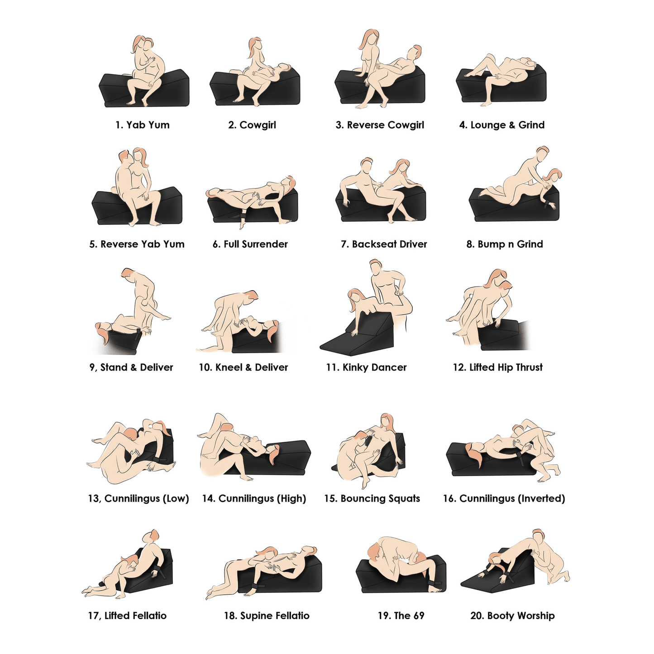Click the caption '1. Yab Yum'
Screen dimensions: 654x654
pyautogui.click(x=143, y=125)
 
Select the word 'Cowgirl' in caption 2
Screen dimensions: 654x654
pyautogui.click(x=258, y=125)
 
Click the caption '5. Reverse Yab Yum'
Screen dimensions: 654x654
pyautogui.click(x=137, y=244)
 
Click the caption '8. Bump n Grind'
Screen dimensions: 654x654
pyautogui.click(x=505, y=244)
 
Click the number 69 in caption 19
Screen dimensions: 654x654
pyautogui.click(x=418, y=616)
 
